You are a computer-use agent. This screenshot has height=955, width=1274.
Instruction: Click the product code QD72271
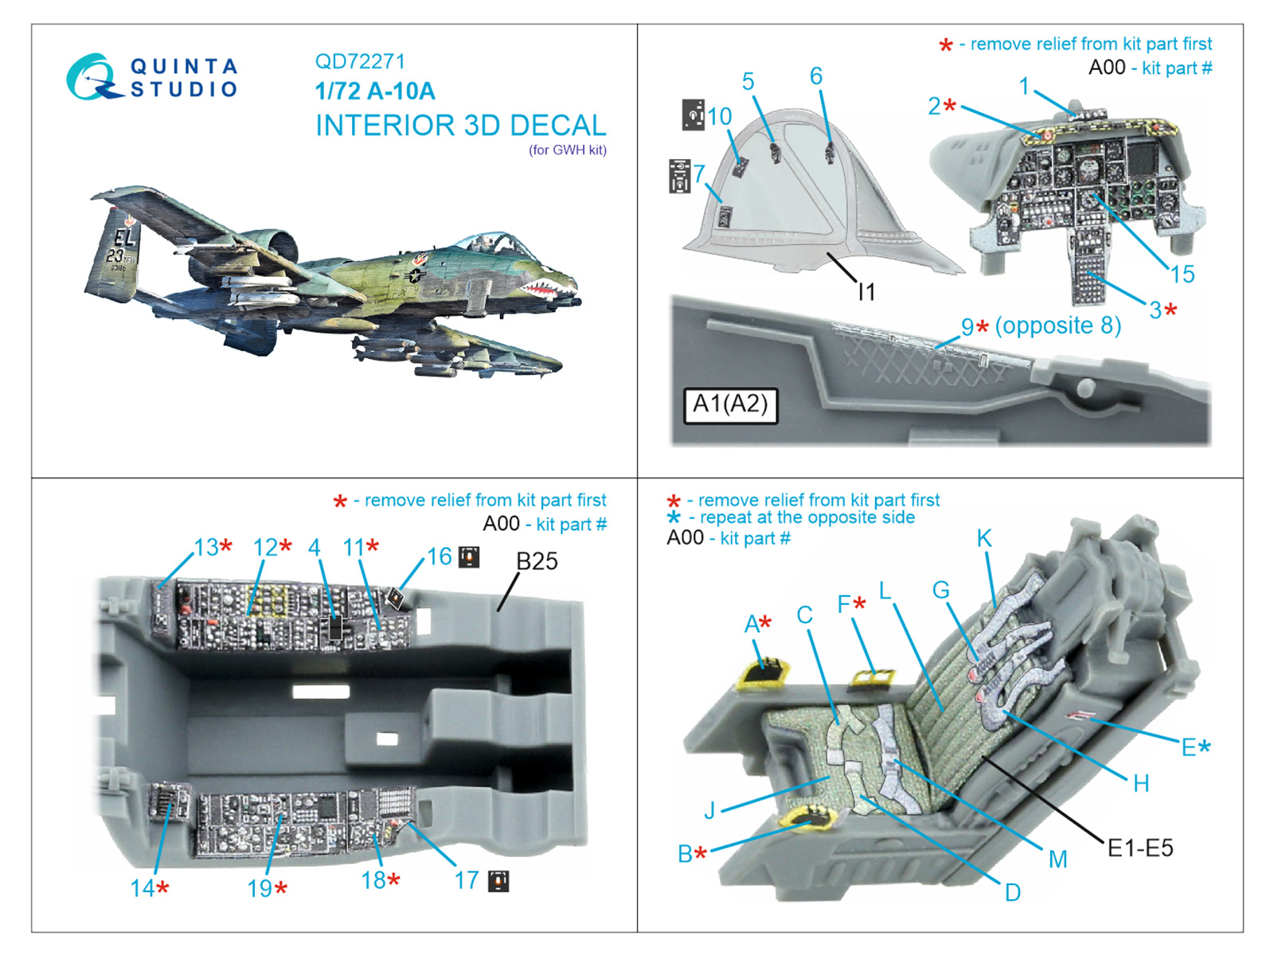(x=360, y=61)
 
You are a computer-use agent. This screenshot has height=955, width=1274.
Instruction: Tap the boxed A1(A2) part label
(x=730, y=405)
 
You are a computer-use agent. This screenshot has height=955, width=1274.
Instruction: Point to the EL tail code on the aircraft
(x=124, y=237)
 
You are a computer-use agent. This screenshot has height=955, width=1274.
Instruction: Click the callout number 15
(x=1182, y=275)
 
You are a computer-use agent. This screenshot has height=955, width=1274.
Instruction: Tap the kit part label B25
(x=537, y=561)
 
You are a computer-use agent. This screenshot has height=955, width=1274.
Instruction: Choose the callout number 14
(x=143, y=888)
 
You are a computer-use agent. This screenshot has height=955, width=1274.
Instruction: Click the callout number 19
(x=260, y=889)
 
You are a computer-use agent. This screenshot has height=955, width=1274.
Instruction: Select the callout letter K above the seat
(x=984, y=539)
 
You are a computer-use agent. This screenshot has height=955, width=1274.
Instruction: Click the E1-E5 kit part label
(x=1140, y=848)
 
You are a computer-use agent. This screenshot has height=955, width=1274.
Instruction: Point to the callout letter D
(x=1012, y=893)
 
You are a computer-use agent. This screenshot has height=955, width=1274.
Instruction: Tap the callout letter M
(x=1057, y=859)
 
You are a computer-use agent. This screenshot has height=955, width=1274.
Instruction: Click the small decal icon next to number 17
(x=498, y=881)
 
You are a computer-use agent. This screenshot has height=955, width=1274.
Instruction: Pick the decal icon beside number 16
(x=469, y=557)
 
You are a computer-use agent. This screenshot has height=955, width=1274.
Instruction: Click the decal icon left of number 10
(x=693, y=115)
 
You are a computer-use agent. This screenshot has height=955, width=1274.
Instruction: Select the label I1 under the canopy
(x=866, y=293)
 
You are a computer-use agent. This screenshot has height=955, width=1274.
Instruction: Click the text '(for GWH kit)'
(x=568, y=150)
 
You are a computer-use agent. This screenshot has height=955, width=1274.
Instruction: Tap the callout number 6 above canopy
(x=816, y=76)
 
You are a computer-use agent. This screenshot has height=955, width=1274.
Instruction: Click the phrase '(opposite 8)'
(x=1057, y=325)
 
